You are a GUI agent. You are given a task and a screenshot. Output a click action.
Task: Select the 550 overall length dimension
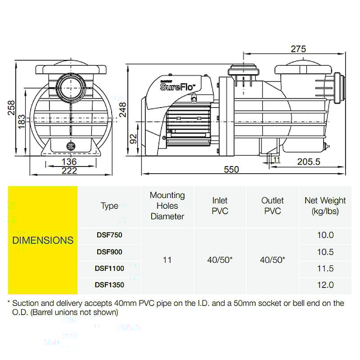tap(231, 169)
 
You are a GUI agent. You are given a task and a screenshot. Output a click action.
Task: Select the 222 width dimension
tap(69, 171)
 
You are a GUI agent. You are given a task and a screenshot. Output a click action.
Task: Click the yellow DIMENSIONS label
tap(43, 240)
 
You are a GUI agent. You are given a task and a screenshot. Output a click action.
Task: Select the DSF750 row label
tap(109, 234)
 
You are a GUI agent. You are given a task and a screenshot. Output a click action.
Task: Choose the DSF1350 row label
tap(109, 284)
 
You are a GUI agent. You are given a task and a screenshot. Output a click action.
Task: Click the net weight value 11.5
tap(325, 268)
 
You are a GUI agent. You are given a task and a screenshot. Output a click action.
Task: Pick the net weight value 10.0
tap(325, 234)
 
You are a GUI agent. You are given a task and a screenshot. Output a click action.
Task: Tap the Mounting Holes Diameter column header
tap(167, 206)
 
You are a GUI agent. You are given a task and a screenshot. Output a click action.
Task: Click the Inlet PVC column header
tap(220, 206)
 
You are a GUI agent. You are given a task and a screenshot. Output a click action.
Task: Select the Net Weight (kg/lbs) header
tap(325, 206)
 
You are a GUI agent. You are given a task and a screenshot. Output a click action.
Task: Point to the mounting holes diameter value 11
tap(167, 260)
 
